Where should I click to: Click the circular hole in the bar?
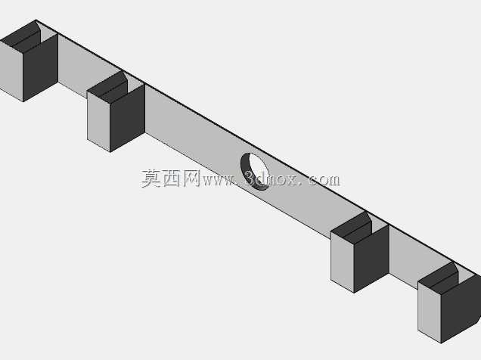point(254,172)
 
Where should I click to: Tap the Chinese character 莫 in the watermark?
point(151,178)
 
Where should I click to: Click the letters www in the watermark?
point(219,181)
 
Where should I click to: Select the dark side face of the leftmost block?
point(41,67)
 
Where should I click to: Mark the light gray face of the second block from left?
point(99,120)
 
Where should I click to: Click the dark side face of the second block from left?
point(127,118)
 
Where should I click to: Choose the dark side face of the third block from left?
point(371,259)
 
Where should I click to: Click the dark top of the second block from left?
point(108,87)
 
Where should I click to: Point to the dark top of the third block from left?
point(352,228)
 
